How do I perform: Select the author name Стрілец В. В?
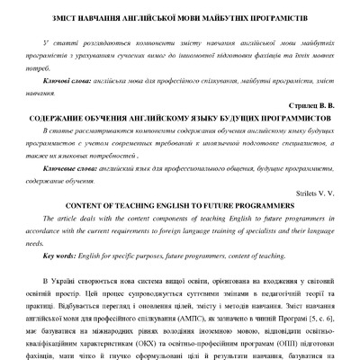click(x=314, y=105)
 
